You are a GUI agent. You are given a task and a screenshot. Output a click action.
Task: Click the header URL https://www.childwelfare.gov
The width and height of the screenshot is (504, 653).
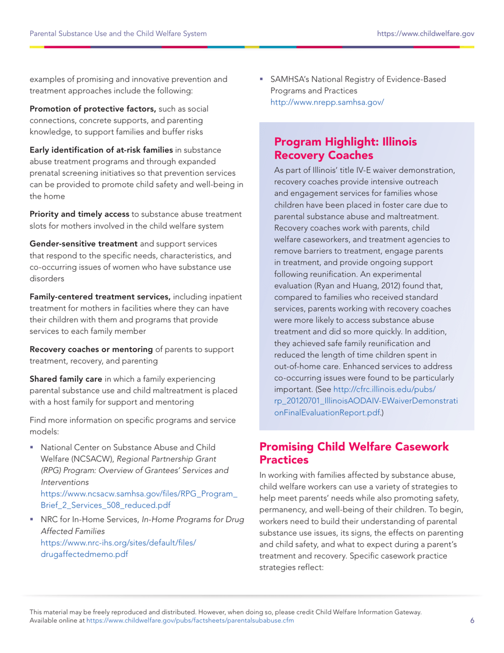coord(425,35)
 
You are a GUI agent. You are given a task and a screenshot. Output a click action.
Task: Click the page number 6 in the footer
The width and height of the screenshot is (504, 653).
coord(472,620)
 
